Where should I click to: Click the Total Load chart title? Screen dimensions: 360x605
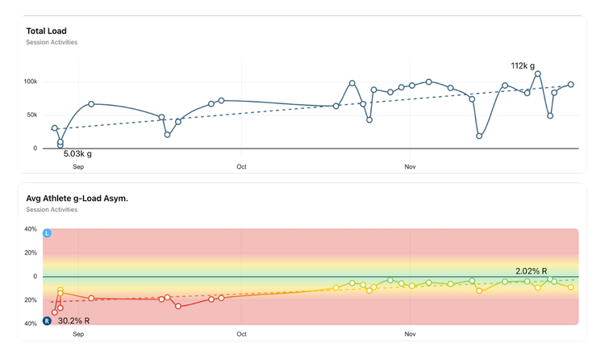tap(46, 31)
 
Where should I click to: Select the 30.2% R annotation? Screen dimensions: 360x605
tap(73, 320)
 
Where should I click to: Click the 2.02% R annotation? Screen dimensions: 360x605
tap(532, 271)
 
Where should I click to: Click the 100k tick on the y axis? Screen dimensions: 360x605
tap(30, 82)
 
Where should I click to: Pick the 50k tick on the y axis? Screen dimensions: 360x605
tap(31, 115)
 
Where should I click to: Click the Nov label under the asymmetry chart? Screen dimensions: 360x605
tap(410, 333)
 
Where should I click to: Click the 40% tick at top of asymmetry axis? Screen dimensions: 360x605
tap(31, 229)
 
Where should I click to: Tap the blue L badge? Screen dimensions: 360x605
tap(47, 233)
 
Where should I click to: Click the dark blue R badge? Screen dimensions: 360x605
tap(47, 320)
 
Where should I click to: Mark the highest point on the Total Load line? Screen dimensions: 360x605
tap(538, 73)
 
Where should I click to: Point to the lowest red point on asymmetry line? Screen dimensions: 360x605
tap(55, 312)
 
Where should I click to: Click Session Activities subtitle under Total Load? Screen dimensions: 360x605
tap(52, 42)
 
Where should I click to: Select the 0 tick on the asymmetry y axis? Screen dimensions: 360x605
tap(35, 276)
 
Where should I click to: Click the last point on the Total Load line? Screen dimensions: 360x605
tap(571, 84)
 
